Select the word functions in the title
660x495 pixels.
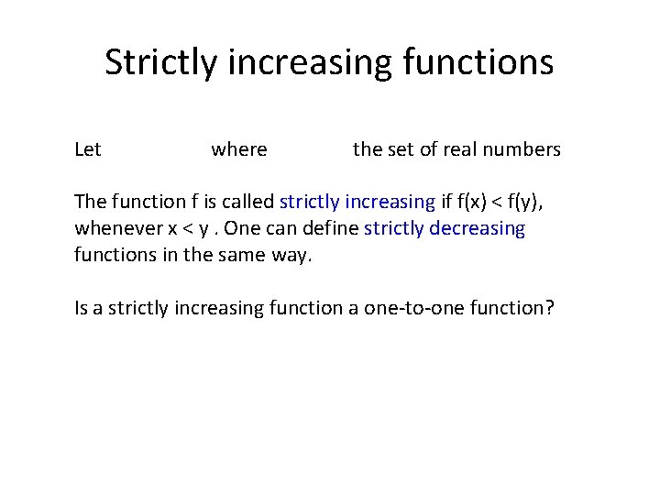click(x=476, y=63)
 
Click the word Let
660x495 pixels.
click(x=88, y=149)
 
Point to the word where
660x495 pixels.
click(x=239, y=149)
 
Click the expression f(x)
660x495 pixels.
click(x=474, y=203)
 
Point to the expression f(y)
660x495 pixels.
click(x=535, y=203)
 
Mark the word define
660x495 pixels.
click(x=329, y=228)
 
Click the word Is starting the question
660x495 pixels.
click(x=82, y=308)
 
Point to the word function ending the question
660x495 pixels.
click(x=510, y=308)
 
